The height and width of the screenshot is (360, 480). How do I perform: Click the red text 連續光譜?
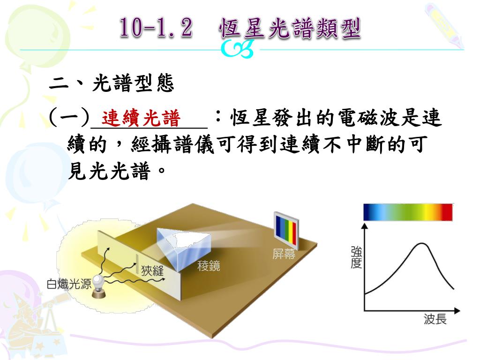(x=141, y=118)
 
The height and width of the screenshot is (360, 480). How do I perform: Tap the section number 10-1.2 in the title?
(x=156, y=28)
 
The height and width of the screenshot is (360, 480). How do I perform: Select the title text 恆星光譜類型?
(x=290, y=28)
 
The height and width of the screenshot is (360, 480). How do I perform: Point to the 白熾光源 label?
(x=69, y=284)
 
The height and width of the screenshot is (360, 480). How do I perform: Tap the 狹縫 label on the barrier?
(x=152, y=270)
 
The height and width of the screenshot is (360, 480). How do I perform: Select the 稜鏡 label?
(x=209, y=265)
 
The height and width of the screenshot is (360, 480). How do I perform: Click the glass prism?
(x=184, y=248)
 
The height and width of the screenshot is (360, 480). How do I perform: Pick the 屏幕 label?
(x=284, y=254)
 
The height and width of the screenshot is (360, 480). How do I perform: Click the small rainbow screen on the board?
(x=286, y=230)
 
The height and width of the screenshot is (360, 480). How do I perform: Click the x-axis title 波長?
(x=435, y=319)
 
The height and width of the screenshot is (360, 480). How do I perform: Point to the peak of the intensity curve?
(x=422, y=243)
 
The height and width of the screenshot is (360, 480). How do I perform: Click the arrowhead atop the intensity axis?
(x=365, y=226)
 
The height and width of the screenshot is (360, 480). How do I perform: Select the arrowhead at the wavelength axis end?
(x=457, y=311)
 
